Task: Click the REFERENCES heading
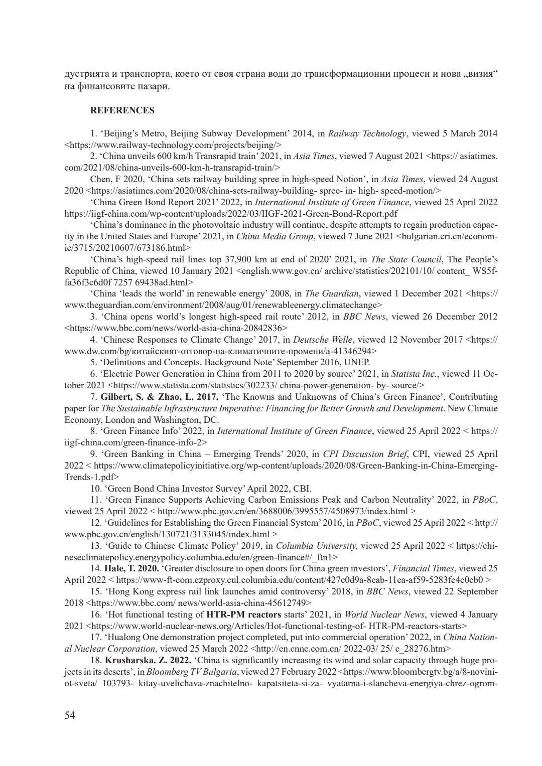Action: tap(122, 110)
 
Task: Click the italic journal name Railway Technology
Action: tap(367, 133)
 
